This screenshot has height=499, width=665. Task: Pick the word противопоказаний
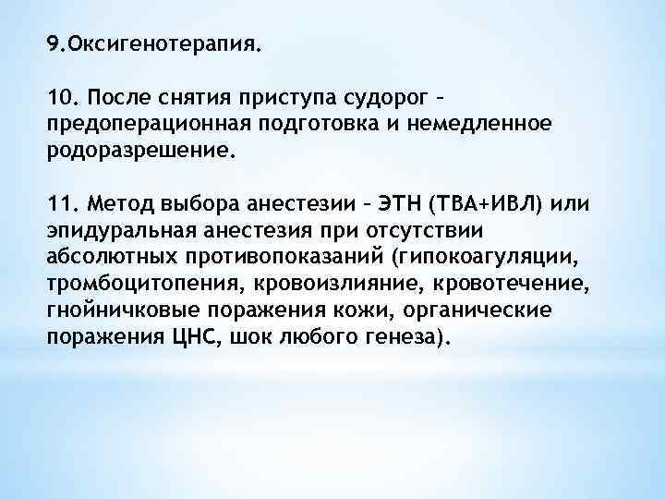(x=260, y=254)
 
